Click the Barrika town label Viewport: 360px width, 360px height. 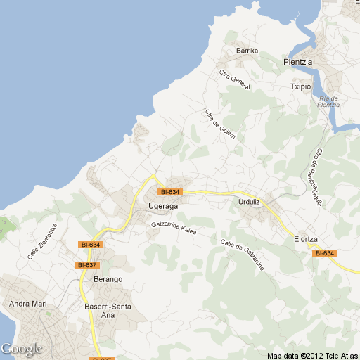(247, 51)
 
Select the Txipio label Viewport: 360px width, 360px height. (300, 86)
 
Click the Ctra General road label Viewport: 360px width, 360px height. (234, 79)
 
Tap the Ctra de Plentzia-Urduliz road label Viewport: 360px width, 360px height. (318, 179)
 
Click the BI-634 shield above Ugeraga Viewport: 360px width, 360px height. (169, 192)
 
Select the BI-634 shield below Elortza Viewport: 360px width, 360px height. (324, 253)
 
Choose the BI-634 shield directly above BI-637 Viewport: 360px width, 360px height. (91, 244)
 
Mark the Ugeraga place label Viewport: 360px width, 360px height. (164, 206)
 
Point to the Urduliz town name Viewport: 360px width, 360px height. (245, 202)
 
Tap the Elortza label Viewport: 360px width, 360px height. (307, 239)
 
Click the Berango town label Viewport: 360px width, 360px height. (108, 279)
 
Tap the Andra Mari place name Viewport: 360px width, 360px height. (27, 304)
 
